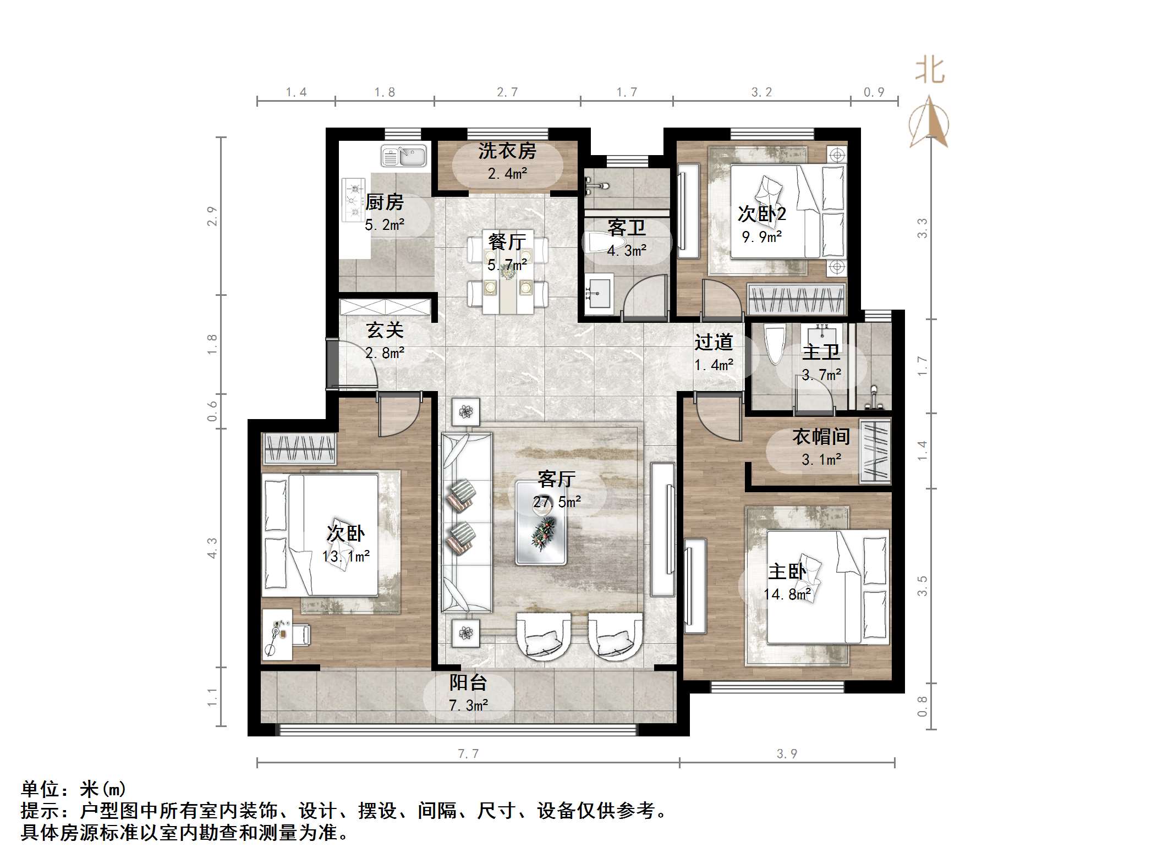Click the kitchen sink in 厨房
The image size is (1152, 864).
404,156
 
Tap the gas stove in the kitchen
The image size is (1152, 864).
353,200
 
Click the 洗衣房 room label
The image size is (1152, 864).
507,151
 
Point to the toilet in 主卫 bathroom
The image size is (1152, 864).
775,345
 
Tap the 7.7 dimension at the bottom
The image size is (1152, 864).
468,753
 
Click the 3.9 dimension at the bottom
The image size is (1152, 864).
787,753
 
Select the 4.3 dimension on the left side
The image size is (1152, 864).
212,548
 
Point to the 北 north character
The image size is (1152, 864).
930,71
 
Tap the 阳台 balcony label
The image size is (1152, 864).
468,683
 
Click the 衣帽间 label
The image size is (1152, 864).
821,437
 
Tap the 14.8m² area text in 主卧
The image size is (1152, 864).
787,595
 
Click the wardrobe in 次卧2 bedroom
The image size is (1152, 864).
796,299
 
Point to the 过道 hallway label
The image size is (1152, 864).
714,342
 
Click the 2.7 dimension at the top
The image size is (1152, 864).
507,92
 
